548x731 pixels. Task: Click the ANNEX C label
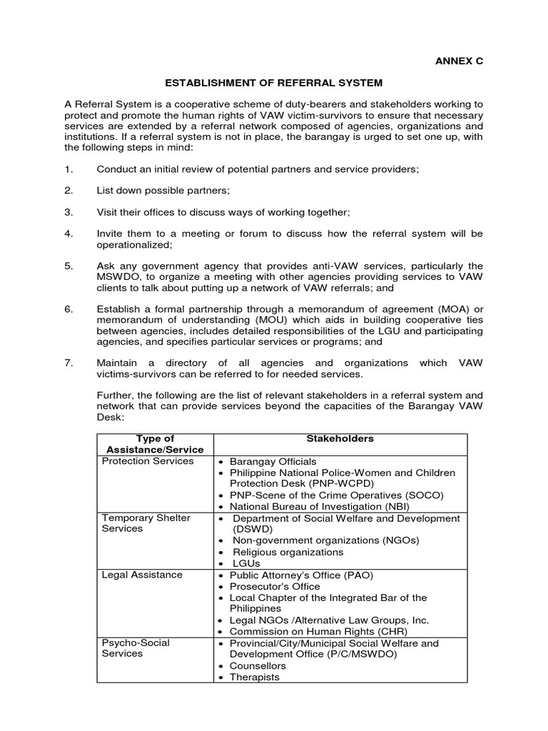[x=460, y=61]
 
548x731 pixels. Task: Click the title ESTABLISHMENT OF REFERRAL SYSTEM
[x=273, y=84]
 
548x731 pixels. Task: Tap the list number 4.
[x=68, y=233]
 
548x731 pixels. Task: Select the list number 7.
[x=68, y=363]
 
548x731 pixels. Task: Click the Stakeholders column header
[x=340, y=438]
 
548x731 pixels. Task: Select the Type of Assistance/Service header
[x=154, y=444]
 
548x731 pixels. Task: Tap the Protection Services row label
[x=148, y=461]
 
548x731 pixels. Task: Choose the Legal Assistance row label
[x=142, y=575]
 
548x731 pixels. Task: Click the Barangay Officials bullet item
[x=273, y=461]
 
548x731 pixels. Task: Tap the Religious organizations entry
[x=288, y=552]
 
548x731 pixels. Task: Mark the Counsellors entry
[x=258, y=666]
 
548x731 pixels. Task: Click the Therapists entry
[x=255, y=677]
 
